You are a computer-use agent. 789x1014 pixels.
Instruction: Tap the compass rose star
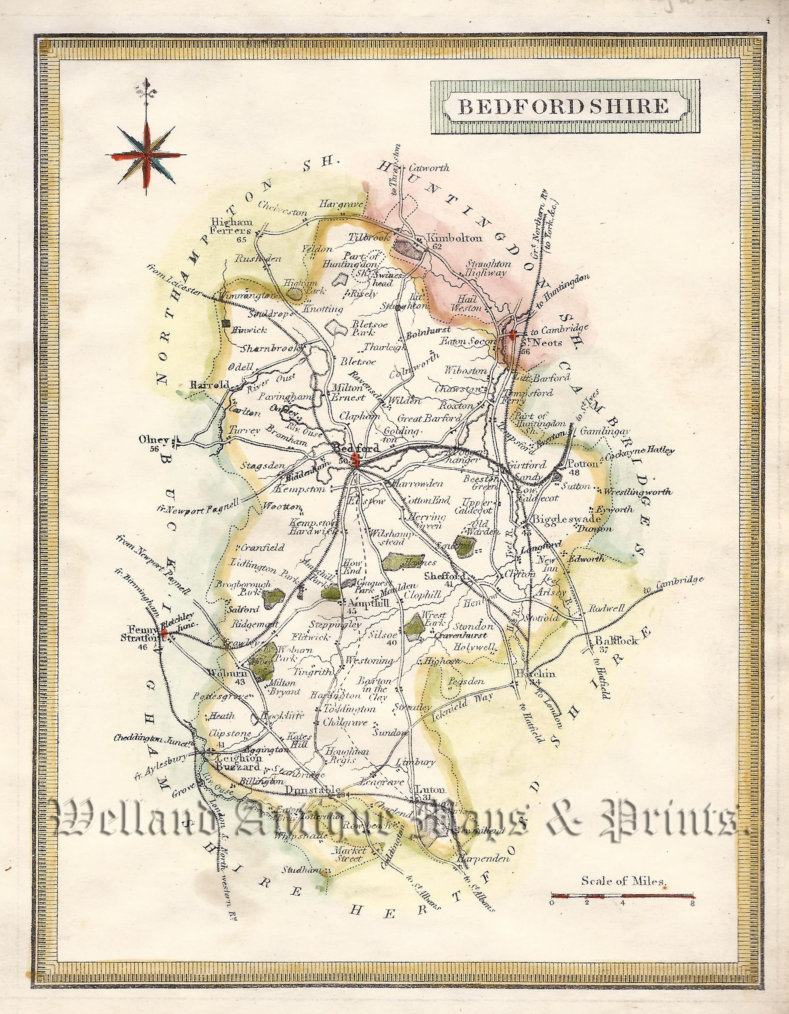click(146, 155)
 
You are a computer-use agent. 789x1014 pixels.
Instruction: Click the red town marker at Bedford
click(356, 461)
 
